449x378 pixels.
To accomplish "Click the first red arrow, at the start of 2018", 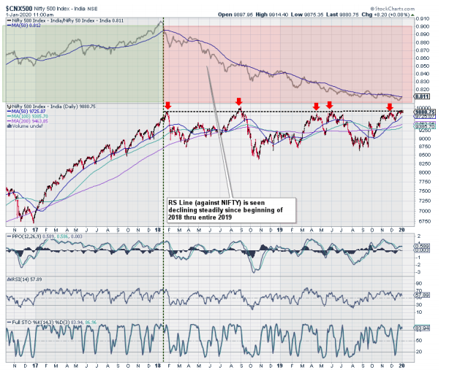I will click(x=168, y=105).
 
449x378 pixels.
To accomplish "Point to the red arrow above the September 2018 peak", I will click(x=238, y=101).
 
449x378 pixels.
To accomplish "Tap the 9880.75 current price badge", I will click(x=425, y=112).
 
